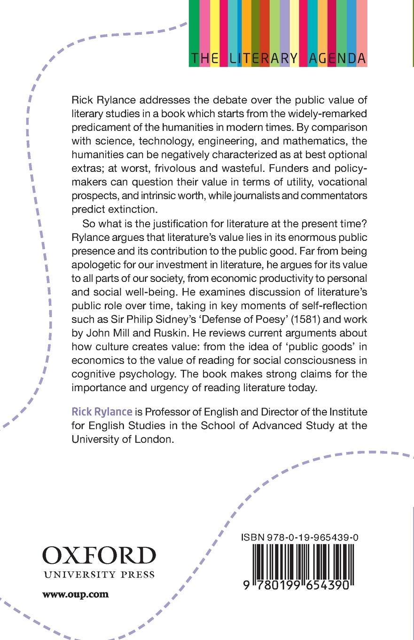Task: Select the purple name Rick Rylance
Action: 102,412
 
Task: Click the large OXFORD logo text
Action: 99,556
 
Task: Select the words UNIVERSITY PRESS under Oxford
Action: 99,575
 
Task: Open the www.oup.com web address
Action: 75,594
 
